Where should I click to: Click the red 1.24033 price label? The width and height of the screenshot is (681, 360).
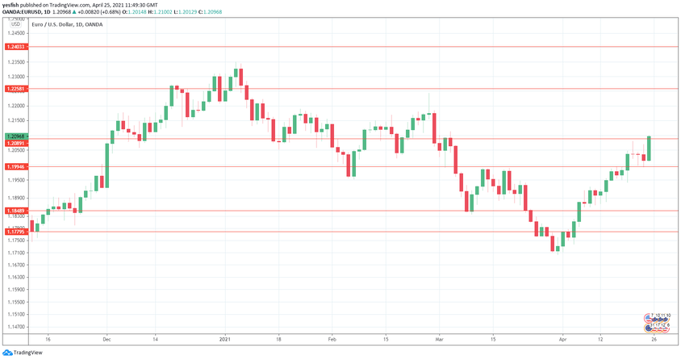point(16,48)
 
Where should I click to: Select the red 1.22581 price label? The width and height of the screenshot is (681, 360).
point(16,88)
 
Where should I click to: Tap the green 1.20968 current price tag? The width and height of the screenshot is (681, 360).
point(16,136)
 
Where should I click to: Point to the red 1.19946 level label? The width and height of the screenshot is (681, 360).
point(16,167)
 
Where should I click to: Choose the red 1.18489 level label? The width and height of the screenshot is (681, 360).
point(16,211)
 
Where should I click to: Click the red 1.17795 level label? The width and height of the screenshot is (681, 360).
point(16,232)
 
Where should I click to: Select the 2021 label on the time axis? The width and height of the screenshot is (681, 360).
point(226,339)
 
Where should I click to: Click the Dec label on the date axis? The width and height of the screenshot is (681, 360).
point(107,339)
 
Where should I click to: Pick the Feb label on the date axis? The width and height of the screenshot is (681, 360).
point(332,339)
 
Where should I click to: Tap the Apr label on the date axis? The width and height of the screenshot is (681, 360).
point(564,339)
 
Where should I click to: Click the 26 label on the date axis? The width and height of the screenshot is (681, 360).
point(654,339)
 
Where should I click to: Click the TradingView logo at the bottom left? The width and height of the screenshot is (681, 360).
point(23,352)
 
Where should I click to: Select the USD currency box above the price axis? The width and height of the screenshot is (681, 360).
point(15,24)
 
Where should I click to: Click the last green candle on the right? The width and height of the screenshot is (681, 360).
point(650,149)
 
